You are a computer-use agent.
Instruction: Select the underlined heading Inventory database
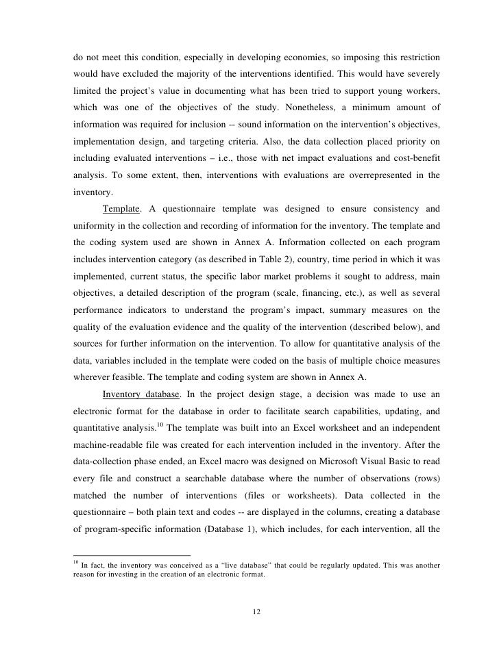point(144,394)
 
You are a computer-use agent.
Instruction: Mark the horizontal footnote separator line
point(132,553)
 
